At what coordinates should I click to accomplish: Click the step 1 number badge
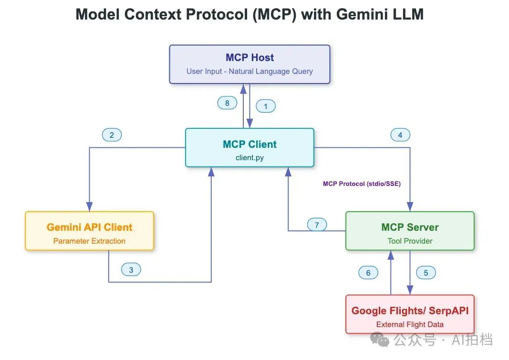click(x=266, y=106)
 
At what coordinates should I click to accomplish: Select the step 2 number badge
click(x=112, y=135)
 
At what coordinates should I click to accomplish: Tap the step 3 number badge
click(x=131, y=269)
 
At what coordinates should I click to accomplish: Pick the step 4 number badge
click(x=400, y=135)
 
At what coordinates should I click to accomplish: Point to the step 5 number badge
click(x=426, y=272)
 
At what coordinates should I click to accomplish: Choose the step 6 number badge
click(x=368, y=272)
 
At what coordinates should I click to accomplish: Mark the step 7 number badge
click(x=317, y=225)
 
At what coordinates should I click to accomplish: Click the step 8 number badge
click(x=227, y=103)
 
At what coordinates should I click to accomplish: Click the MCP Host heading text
click(x=249, y=58)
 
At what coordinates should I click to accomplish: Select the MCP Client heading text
click(x=249, y=144)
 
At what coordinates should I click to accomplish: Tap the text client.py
click(x=249, y=158)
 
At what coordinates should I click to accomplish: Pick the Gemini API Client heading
click(x=89, y=227)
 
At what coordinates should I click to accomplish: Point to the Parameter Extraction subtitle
click(x=89, y=241)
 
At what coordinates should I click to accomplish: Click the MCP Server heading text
click(x=410, y=227)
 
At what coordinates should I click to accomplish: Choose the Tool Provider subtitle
click(x=410, y=241)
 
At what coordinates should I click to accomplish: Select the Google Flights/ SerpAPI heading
click(x=410, y=310)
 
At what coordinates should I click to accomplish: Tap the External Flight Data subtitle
click(x=410, y=324)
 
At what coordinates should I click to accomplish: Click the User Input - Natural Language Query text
click(x=249, y=72)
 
